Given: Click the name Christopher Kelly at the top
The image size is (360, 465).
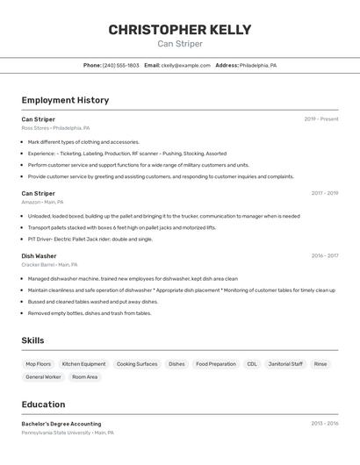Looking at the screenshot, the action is (180, 30).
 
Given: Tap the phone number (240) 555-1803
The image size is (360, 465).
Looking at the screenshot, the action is (121, 65).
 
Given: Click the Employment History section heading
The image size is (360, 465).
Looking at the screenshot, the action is (65, 100).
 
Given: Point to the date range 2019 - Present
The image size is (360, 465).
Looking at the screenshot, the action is (321, 118).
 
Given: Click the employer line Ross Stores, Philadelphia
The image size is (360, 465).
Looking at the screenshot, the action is (55, 128).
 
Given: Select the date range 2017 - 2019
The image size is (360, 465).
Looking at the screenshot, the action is (325, 193).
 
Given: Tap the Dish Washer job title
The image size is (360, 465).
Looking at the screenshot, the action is (39, 255).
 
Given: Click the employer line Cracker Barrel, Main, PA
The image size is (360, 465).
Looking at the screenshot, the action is (49, 264).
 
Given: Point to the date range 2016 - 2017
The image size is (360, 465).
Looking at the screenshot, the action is (325, 255).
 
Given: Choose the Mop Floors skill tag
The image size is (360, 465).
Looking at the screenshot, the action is (38, 363).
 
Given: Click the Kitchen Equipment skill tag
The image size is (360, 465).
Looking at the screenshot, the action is (83, 363).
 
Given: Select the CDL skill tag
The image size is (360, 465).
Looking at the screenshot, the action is (252, 363).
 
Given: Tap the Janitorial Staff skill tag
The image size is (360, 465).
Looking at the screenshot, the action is (285, 363).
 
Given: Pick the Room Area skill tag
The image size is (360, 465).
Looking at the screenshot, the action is (85, 376).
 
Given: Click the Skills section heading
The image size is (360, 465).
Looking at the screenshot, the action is (32, 340).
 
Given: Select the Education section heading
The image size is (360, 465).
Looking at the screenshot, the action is (43, 404).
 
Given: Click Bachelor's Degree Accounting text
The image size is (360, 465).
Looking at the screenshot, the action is (61, 424).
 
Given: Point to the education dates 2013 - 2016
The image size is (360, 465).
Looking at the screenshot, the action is (325, 423).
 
